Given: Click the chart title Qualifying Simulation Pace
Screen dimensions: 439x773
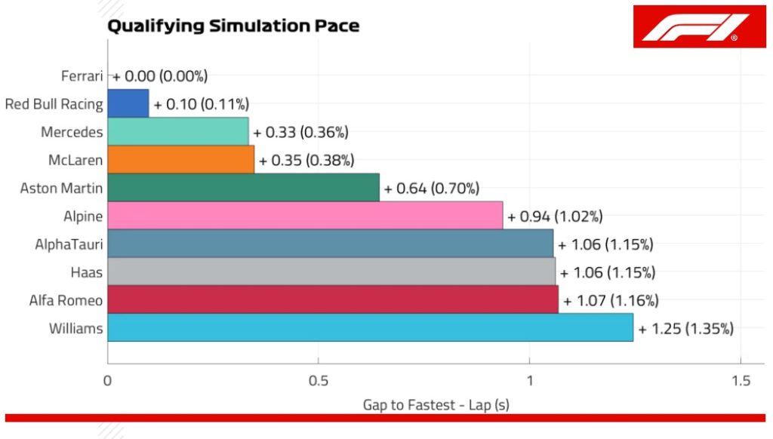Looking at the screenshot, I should pyautogui.click(x=233, y=26).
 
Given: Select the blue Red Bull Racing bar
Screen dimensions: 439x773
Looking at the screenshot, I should pyautogui.click(x=128, y=103).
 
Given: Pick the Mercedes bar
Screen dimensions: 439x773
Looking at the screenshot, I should pyautogui.click(x=178, y=131).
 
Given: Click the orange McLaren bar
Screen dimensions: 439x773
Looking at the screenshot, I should pyautogui.click(x=181, y=159).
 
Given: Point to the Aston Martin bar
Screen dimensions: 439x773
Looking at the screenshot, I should pyautogui.click(x=243, y=187).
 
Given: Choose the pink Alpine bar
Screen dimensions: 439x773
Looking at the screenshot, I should pyautogui.click(x=305, y=216).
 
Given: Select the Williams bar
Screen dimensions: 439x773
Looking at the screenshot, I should pyautogui.click(x=370, y=328).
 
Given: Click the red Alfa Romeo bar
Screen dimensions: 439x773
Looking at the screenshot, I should pyautogui.click(x=333, y=299).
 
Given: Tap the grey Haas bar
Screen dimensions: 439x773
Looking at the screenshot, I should pyautogui.click(x=331, y=272).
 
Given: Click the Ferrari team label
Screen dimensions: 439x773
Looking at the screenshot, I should pyautogui.click(x=82, y=75).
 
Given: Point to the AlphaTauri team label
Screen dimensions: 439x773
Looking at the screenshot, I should pyautogui.click(x=69, y=244).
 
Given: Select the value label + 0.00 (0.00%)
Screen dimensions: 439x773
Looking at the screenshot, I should pyautogui.click(x=160, y=75).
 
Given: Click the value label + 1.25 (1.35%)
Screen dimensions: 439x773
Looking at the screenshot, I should pyautogui.click(x=686, y=328).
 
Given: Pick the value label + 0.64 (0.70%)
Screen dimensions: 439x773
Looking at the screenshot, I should pyautogui.click(x=432, y=188).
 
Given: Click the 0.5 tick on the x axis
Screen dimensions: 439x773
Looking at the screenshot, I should pyautogui.click(x=319, y=381).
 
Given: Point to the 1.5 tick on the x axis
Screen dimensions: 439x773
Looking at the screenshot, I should pyautogui.click(x=741, y=381).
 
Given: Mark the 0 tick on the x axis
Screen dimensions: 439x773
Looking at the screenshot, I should pyautogui.click(x=108, y=381).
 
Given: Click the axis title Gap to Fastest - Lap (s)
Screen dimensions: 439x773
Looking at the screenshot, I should pyautogui.click(x=436, y=404).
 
